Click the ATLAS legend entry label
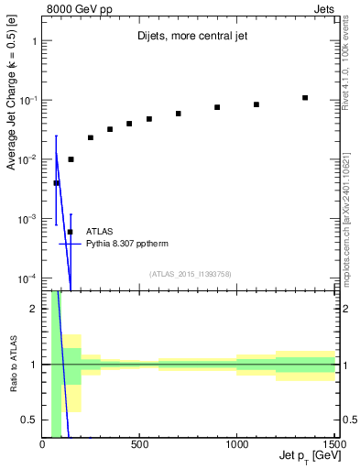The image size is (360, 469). tap(101, 232)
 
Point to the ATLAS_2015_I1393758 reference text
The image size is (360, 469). tap(189, 273)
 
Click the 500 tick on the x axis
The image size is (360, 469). tap(139, 445)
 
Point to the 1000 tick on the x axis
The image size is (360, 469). tap(236, 445)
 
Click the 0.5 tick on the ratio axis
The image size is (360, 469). tap(29, 420)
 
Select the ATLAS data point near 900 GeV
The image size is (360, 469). tap(217, 107)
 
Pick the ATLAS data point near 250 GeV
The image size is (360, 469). tap(91, 137)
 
